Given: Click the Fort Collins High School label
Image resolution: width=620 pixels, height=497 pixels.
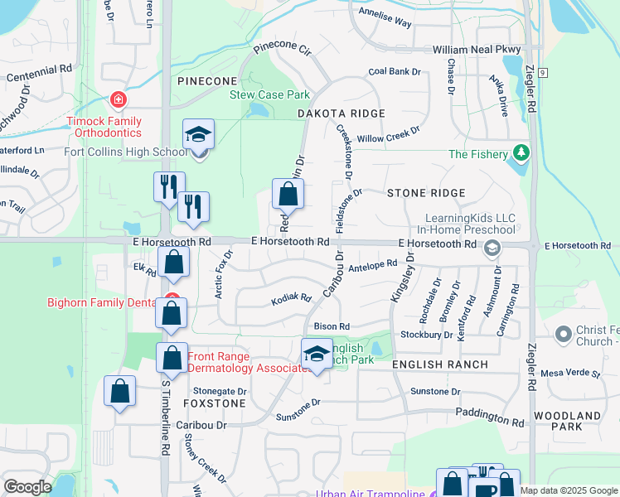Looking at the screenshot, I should pos(126,152).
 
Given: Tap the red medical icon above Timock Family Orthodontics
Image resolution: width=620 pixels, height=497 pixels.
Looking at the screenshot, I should pos(119,100).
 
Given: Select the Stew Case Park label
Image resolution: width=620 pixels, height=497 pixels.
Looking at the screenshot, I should pos(269,94).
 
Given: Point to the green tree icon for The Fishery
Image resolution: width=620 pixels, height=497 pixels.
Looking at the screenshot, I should pos(521,152).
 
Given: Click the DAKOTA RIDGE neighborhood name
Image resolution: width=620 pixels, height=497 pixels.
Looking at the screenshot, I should pos(341,113).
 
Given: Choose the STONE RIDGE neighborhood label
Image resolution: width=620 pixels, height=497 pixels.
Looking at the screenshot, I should pos(426,192).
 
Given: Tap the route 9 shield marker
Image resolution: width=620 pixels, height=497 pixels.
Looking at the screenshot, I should pos(541,73).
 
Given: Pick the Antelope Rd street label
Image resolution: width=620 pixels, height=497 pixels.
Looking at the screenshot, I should pos(373,266).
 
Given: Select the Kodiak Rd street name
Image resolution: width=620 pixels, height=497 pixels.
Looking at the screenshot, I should pos(291,298).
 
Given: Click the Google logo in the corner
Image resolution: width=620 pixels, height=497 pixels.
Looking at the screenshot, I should pos(27,487).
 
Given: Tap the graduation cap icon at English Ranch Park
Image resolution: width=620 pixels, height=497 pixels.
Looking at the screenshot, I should pos(316,354).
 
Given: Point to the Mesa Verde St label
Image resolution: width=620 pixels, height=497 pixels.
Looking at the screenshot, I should pos(570,374).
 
